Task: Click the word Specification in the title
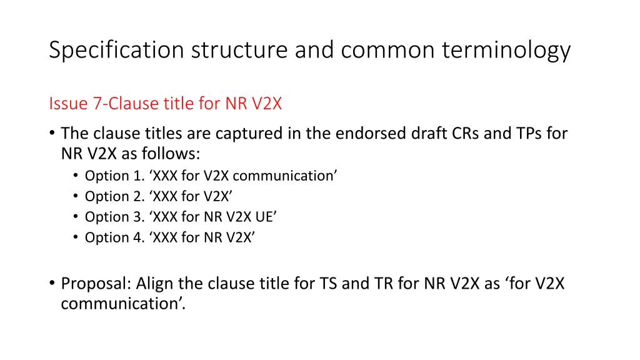click(117, 50)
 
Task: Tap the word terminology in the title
click(506, 50)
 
